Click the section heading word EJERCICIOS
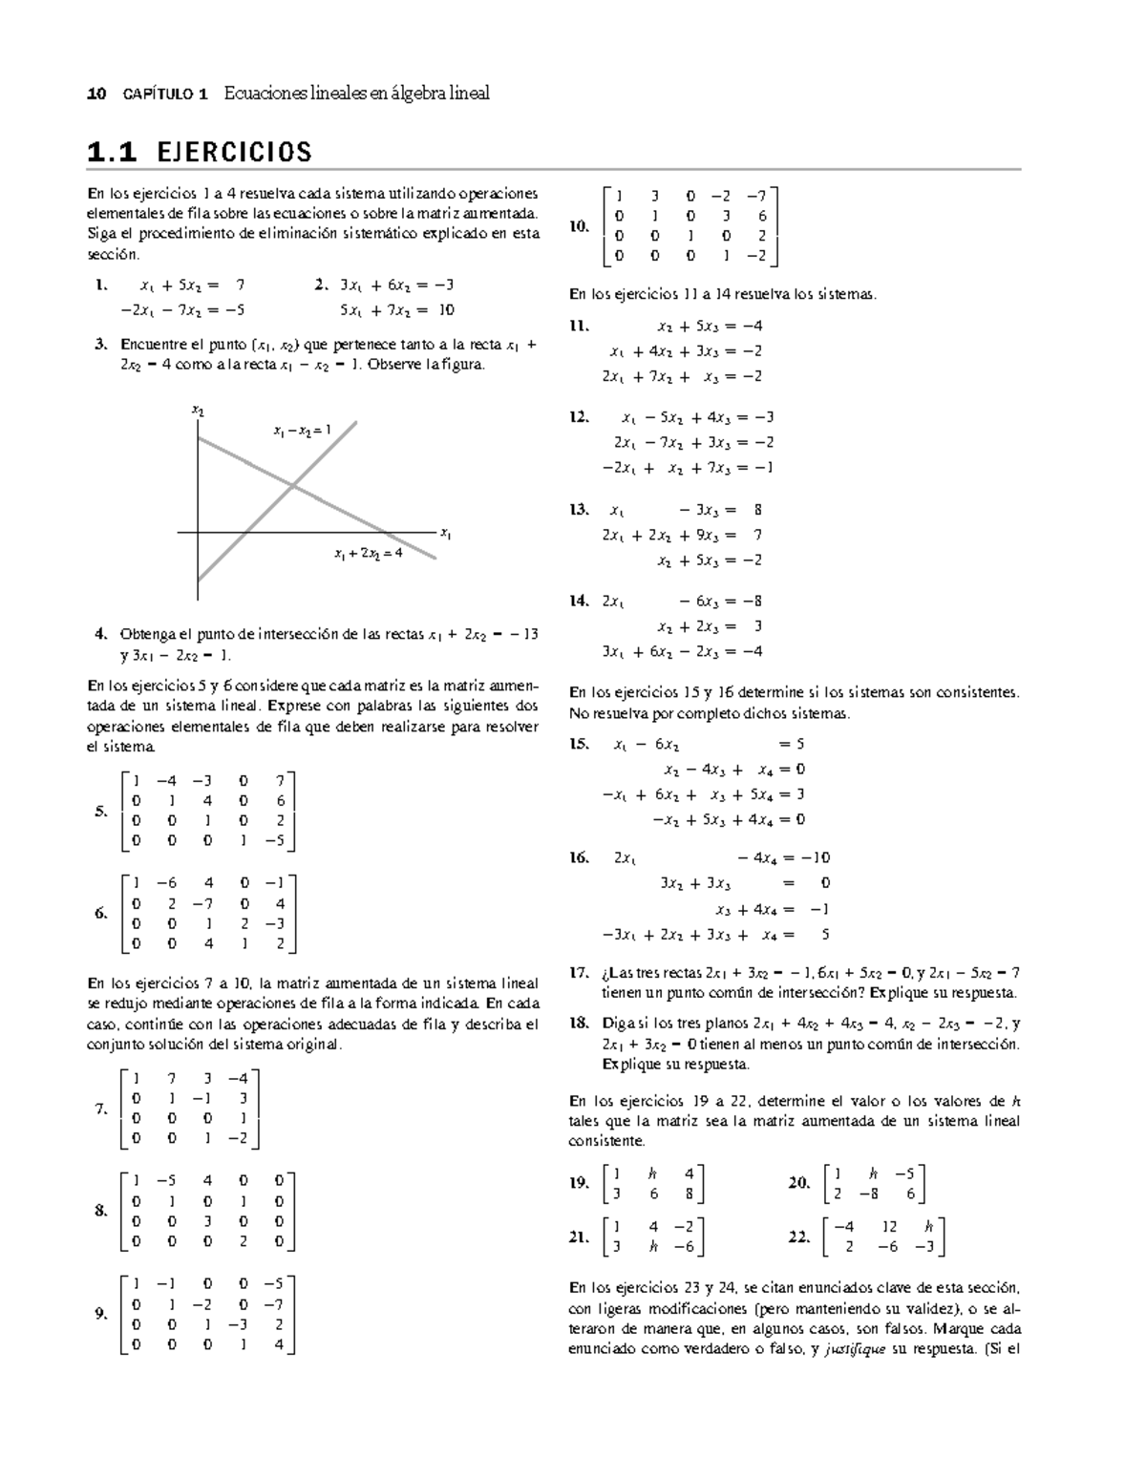[234, 152]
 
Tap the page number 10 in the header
[95, 94]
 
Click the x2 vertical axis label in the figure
[198, 411]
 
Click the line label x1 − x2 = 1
[301, 431]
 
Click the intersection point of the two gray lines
[292, 486]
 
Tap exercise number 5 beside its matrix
[101, 812]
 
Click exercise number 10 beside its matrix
[579, 226]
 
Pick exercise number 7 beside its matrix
[101, 1109]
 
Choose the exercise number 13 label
[579, 510]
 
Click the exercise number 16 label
[579, 857]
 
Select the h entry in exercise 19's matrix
[652, 1173]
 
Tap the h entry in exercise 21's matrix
[653, 1247]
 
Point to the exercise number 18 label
[579, 1024]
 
